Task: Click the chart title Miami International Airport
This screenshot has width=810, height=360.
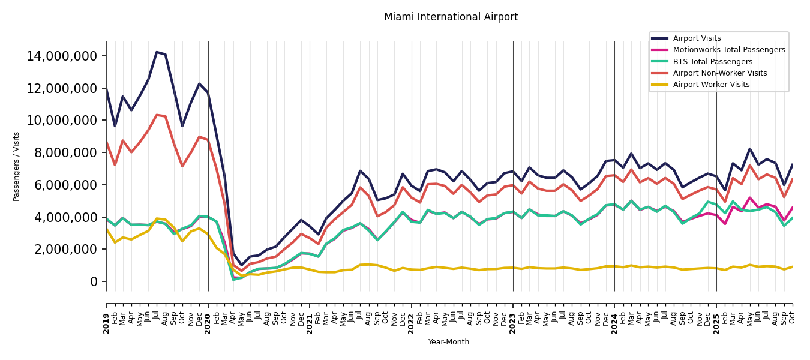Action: pyautogui.click(x=451, y=17)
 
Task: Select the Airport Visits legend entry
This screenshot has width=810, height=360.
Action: pyautogui.click(x=697, y=38)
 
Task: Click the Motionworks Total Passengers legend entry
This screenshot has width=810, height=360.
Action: pyautogui.click(x=728, y=50)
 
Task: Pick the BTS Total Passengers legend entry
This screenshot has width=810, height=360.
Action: pyautogui.click(x=712, y=62)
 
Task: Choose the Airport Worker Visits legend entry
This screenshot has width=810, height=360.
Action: pyautogui.click(x=711, y=85)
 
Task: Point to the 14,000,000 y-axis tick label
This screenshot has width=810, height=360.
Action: pyautogui.click(x=62, y=56)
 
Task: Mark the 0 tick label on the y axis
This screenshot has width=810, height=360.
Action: pyautogui.click(x=94, y=281)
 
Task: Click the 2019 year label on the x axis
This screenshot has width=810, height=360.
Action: pyautogui.click(x=107, y=323)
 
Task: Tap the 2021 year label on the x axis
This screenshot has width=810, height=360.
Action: pyautogui.click(x=310, y=323)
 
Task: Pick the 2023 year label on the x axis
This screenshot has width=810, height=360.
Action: pyautogui.click(x=513, y=323)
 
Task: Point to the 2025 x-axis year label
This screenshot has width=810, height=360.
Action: pyautogui.click(x=716, y=323)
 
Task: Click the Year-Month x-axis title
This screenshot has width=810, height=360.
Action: pyautogui.click(x=449, y=342)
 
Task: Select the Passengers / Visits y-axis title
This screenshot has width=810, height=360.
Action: pyautogui.click(x=17, y=166)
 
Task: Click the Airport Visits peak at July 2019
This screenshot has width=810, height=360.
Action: pyautogui.click(x=157, y=52)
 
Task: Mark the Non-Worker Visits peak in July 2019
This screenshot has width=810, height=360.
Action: pyautogui.click(x=157, y=115)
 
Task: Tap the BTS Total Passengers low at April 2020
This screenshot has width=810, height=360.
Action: pyautogui.click(x=233, y=280)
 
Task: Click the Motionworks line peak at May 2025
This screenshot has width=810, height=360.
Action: pyautogui.click(x=750, y=198)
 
